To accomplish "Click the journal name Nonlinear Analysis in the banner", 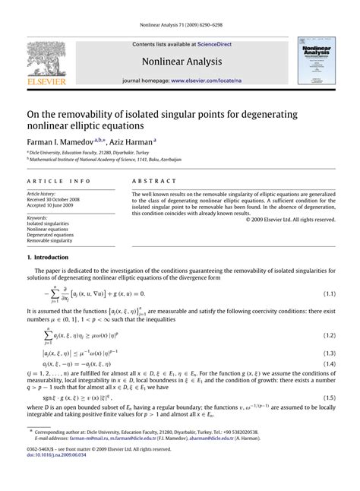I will tap(180, 61).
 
